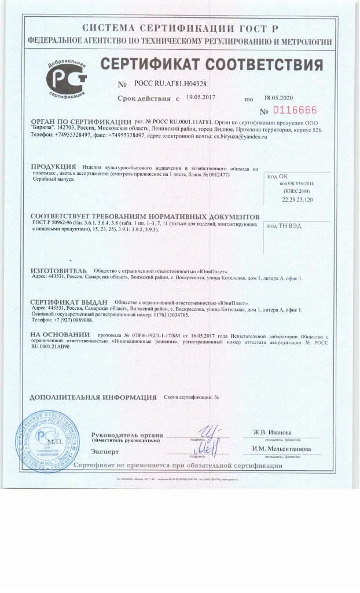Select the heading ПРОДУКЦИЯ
click(x=53, y=166)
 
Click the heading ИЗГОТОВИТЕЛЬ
click(x=58, y=270)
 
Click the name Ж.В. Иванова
click(x=273, y=432)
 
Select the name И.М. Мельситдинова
click(x=281, y=449)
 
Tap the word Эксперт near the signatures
click(x=105, y=452)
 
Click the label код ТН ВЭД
click(x=284, y=226)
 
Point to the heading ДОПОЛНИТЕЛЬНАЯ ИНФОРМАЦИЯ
click(x=93, y=398)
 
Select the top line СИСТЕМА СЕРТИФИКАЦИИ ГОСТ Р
click(x=181, y=28)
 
